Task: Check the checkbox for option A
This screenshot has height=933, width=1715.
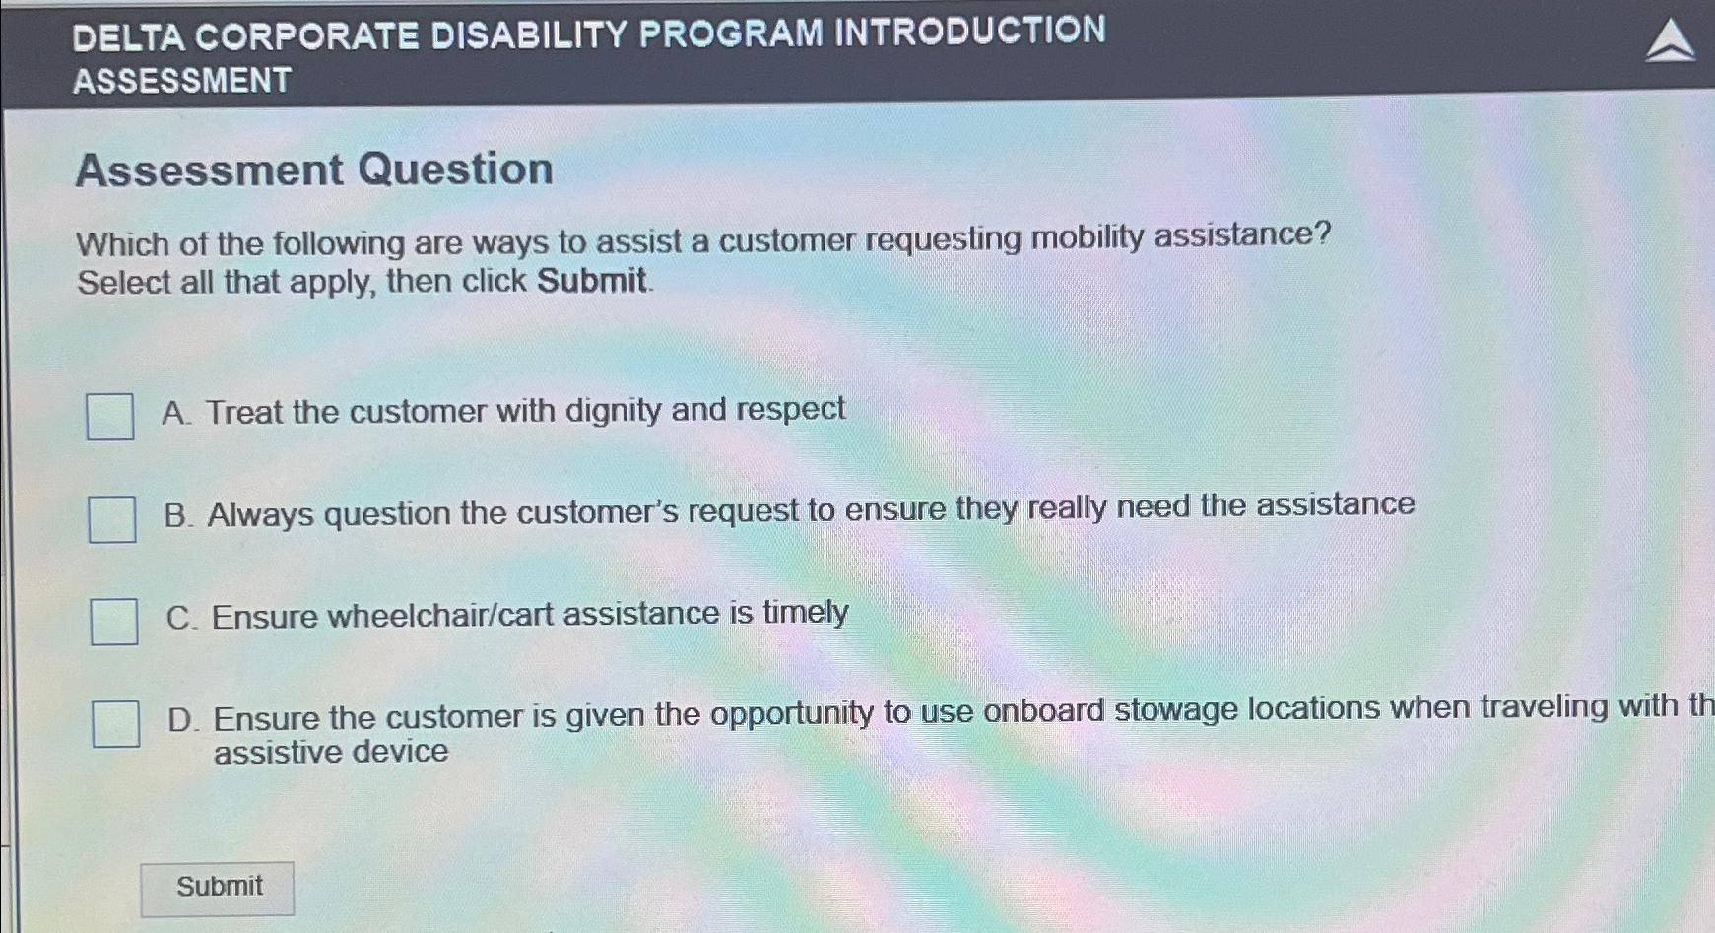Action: [x=109, y=416]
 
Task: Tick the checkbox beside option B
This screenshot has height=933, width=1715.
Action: [x=111, y=519]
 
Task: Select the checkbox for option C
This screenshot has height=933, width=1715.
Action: [x=114, y=622]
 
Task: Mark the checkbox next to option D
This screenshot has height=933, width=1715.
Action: [x=115, y=724]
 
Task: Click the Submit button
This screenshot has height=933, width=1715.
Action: [x=218, y=888]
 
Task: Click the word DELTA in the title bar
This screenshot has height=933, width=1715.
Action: [x=128, y=37]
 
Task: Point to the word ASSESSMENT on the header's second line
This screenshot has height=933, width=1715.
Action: [x=182, y=81]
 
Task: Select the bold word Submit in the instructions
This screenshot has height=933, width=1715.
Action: [x=591, y=281]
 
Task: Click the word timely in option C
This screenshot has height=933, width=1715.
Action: [x=805, y=613]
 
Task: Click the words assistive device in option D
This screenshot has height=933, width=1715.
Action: [x=331, y=752]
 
